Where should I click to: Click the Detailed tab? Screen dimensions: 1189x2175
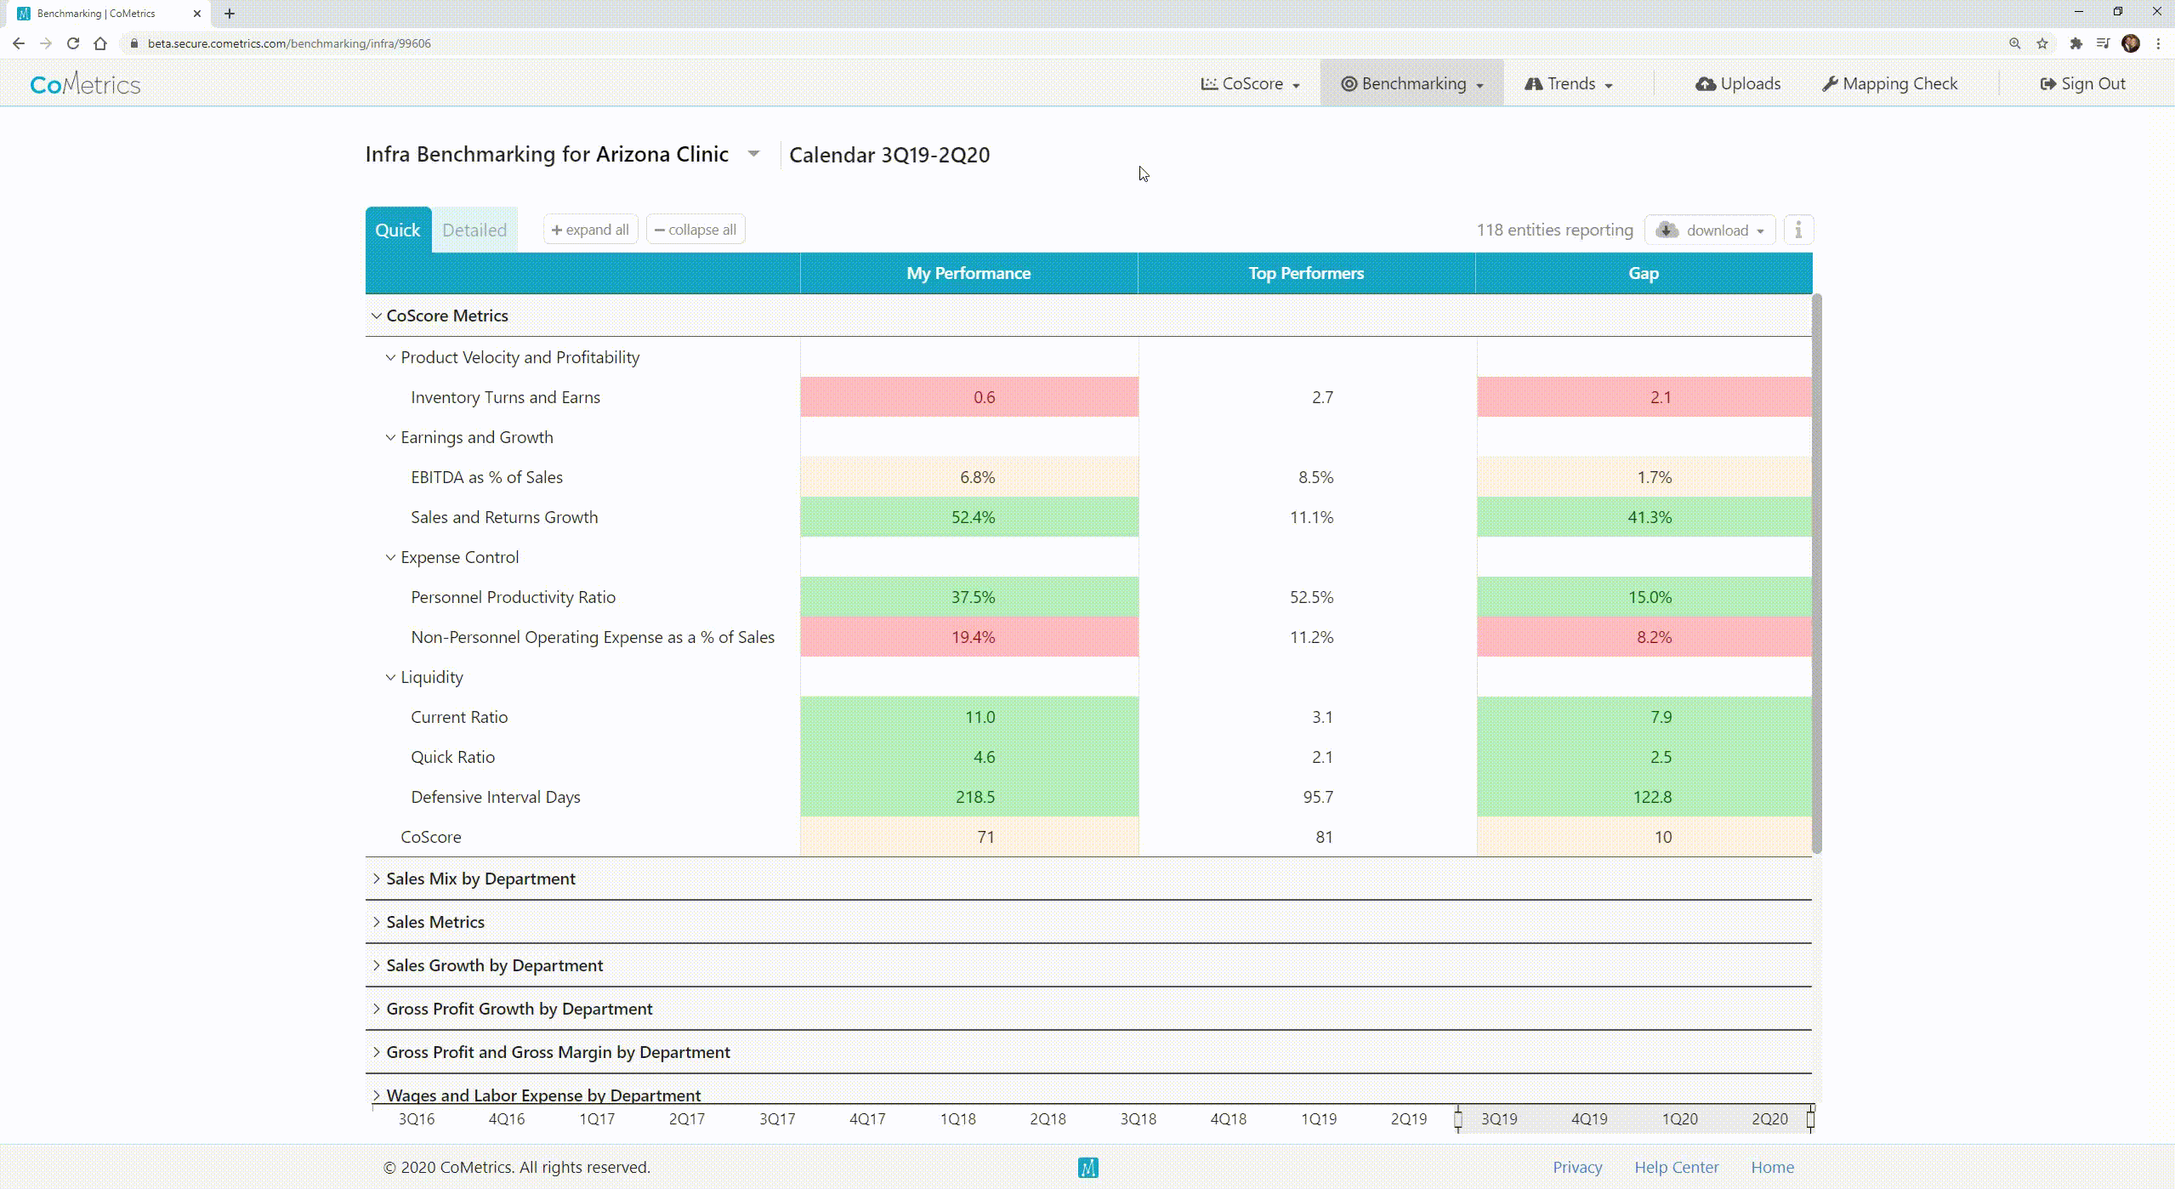coord(474,230)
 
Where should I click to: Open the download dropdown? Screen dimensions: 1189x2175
coord(1710,230)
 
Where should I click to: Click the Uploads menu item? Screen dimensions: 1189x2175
coord(1738,83)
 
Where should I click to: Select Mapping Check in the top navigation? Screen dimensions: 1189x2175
coord(1889,83)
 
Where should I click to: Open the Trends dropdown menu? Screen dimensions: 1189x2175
coord(1569,83)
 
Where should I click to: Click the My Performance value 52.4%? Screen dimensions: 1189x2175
coord(973,517)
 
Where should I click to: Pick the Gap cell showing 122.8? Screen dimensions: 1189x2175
coord(1652,797)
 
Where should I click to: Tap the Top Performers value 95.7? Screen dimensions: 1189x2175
coord(1317,797)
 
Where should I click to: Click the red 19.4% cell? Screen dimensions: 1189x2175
coord(973,637)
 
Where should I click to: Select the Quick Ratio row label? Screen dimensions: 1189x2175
coord(452,757)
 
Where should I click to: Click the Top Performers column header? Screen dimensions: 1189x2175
coord(1305,273)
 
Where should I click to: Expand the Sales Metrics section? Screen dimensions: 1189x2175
coord(434,922)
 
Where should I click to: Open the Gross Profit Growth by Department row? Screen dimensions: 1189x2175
coord(519,1009)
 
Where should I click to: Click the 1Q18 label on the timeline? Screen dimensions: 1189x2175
coord(957,1119)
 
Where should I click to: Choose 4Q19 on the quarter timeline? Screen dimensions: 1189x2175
coord(1588,1119)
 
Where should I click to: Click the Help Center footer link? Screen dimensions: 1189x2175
coord(1676,1168)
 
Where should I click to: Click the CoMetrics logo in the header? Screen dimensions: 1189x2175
coord(85,84)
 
